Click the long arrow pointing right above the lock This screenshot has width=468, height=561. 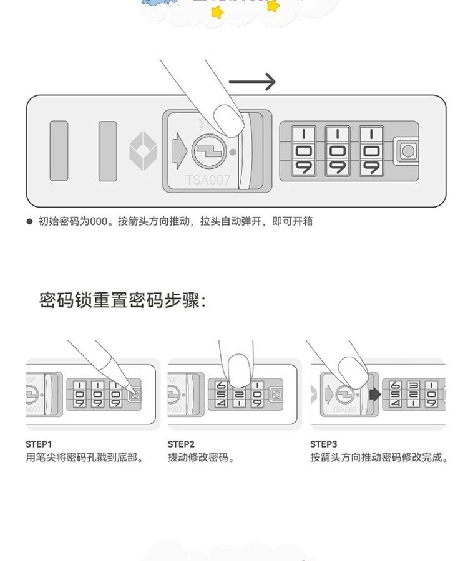click(x=252, y=82)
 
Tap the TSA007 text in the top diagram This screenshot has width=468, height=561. click(x=208, y=180)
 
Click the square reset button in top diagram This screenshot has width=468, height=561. click(x=408, y=151)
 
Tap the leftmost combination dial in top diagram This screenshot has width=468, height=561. click(x=304, y=151)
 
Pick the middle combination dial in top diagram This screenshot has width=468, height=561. click(x=338, y=151)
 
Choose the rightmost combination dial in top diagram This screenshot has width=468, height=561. click(x=371, y=151)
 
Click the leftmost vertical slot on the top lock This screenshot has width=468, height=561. click(x=59, y=151)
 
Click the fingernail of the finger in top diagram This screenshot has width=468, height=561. click(x=228, y=119)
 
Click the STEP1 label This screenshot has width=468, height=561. click(x=39, y=444)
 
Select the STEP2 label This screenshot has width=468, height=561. click(x=181, y=444)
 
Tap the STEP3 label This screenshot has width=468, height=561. click(x=324, y=444)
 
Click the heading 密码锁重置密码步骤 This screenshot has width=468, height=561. click(x=122, y=300)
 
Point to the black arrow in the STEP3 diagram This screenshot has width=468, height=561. click(x=375, y=394)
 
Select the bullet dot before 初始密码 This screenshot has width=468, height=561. click(x=29, y=221)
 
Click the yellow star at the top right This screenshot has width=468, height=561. click(x=272, y=6)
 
